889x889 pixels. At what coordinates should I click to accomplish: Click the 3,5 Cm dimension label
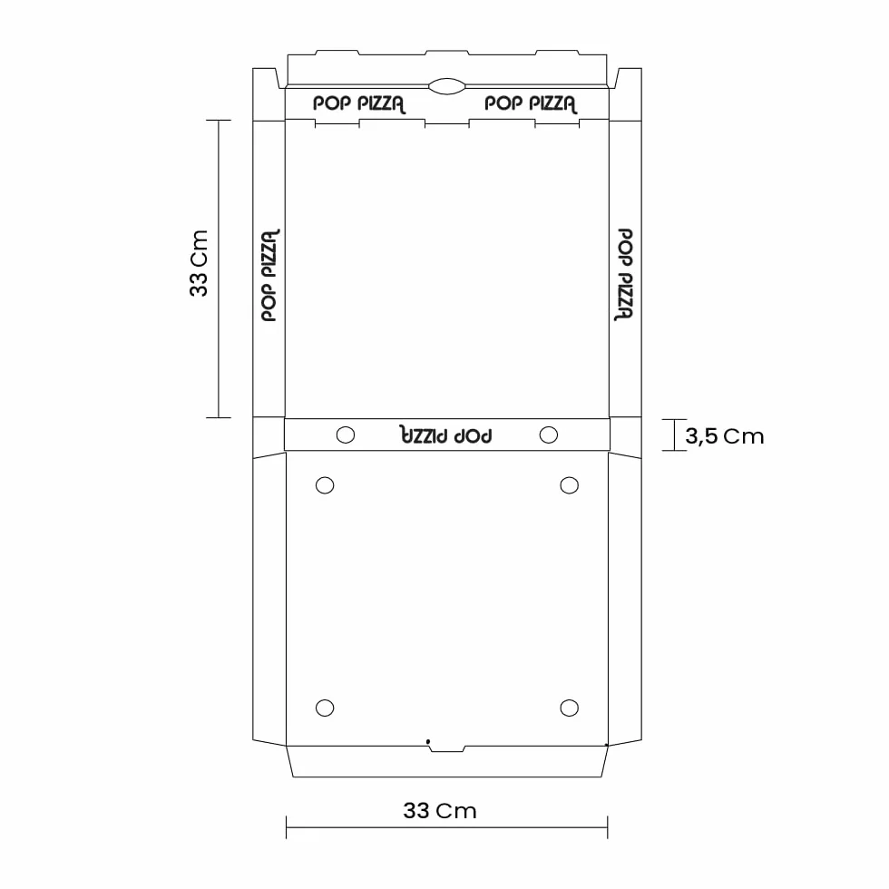(725, 436)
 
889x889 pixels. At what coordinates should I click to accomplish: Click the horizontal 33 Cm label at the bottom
(440, 811)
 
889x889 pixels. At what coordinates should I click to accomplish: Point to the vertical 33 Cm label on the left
(199, 263)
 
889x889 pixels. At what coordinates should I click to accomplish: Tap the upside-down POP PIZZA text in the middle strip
(446, 435)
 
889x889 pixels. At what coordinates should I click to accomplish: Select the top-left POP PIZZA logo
(359, 103)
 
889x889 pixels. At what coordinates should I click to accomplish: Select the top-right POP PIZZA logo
(531, 103)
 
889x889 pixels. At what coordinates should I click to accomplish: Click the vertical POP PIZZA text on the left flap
(270, 275)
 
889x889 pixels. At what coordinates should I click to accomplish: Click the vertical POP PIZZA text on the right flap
(624, 275)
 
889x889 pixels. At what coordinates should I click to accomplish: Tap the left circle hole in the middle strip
(346, 435)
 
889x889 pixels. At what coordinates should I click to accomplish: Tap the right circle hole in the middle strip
(548, 435)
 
